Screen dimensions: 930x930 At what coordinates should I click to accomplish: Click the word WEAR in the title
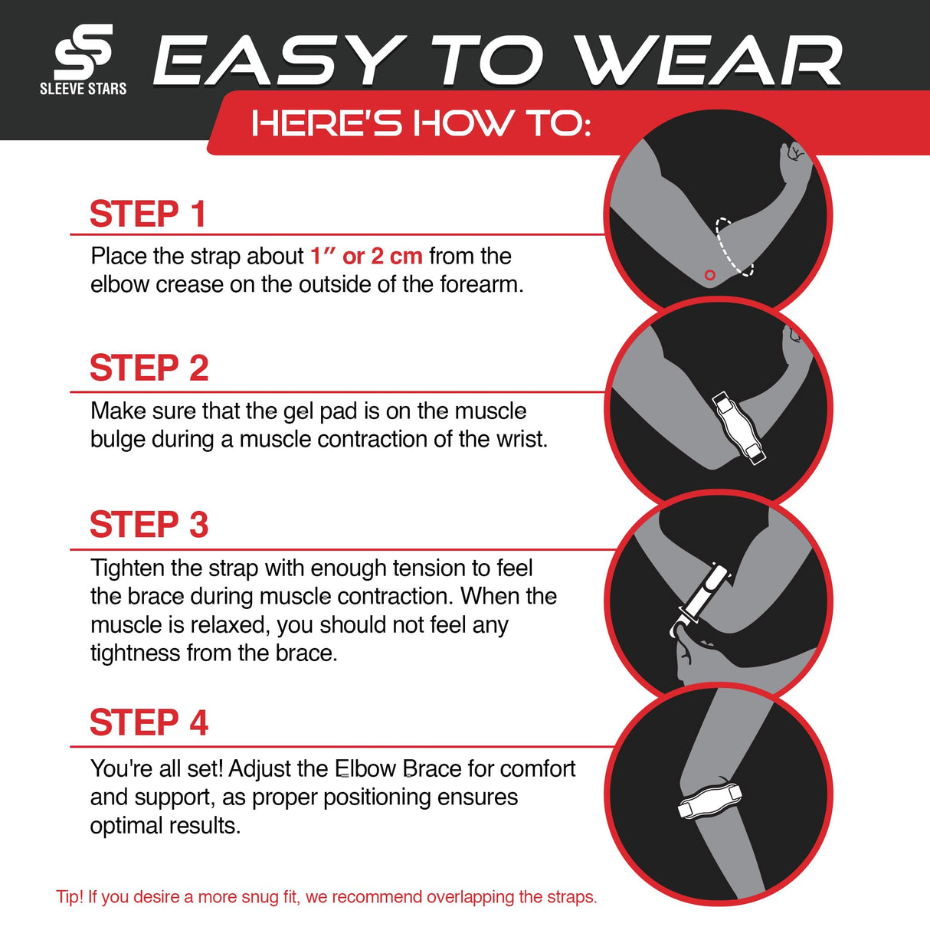[x=708, y=61]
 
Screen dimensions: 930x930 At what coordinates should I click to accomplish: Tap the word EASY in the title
[x=279, y=61]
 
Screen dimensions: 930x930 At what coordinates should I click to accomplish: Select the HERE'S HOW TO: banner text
[x=421, y=123]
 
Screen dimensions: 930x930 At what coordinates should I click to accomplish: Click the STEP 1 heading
[x=148, y=214]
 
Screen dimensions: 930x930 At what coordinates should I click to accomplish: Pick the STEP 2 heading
[x=149, y=368]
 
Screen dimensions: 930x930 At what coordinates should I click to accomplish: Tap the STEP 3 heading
[x=149, y=526]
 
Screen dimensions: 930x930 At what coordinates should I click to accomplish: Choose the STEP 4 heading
[x=149, y=723]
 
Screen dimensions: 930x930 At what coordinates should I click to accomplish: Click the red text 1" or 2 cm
[x=366, y=256]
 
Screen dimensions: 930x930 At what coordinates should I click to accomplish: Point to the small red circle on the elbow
[x=709, y=275]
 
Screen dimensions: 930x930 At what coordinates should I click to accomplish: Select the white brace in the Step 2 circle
[x=738, y=427]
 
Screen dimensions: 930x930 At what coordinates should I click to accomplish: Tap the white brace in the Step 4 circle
[x=710, y=801]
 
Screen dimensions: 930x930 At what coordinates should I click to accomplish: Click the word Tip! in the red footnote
[x=70, y=897]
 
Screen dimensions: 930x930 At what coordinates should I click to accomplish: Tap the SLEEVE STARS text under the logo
[x=83, y=89]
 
